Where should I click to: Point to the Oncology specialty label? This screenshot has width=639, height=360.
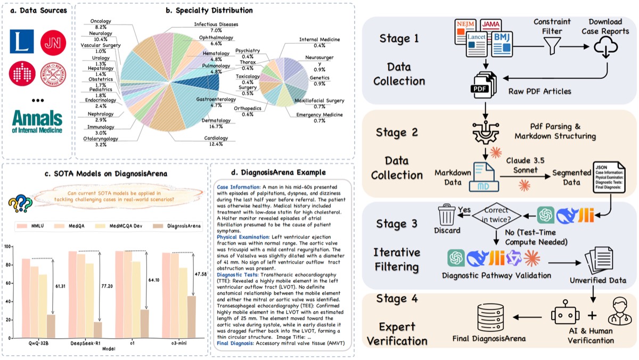coord(101,24)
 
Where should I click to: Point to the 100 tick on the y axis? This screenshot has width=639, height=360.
coord(7,247)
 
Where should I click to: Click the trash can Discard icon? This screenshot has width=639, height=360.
coord(446,216)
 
